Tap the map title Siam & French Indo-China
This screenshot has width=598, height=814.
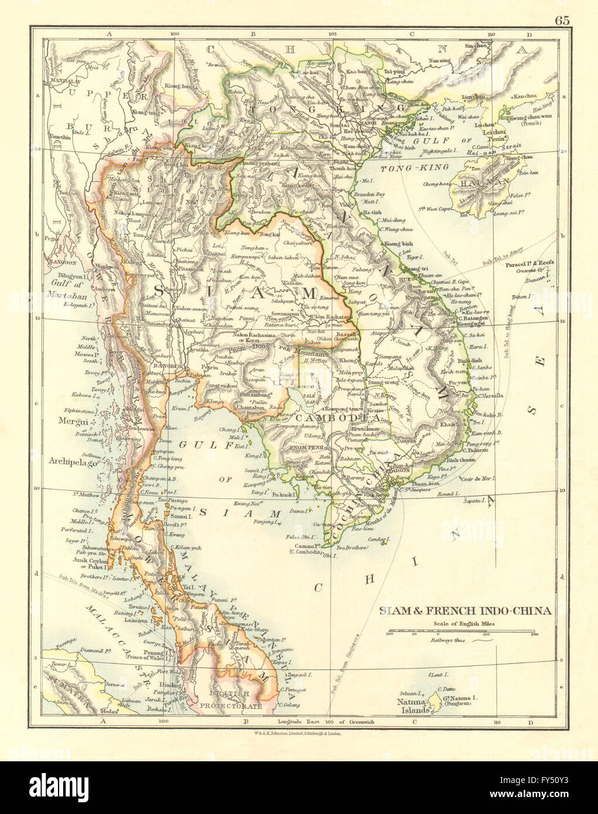pyautogui.click(x=466, y=611)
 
